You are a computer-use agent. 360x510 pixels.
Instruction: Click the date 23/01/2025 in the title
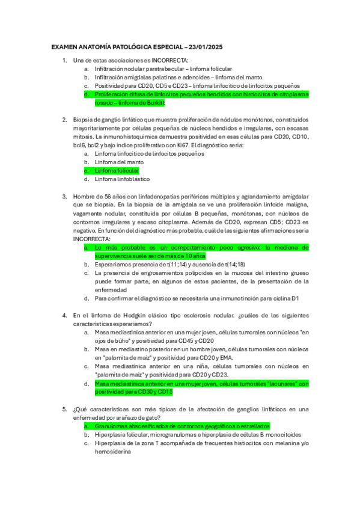point(204,47)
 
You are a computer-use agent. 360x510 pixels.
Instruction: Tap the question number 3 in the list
point(64,196)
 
